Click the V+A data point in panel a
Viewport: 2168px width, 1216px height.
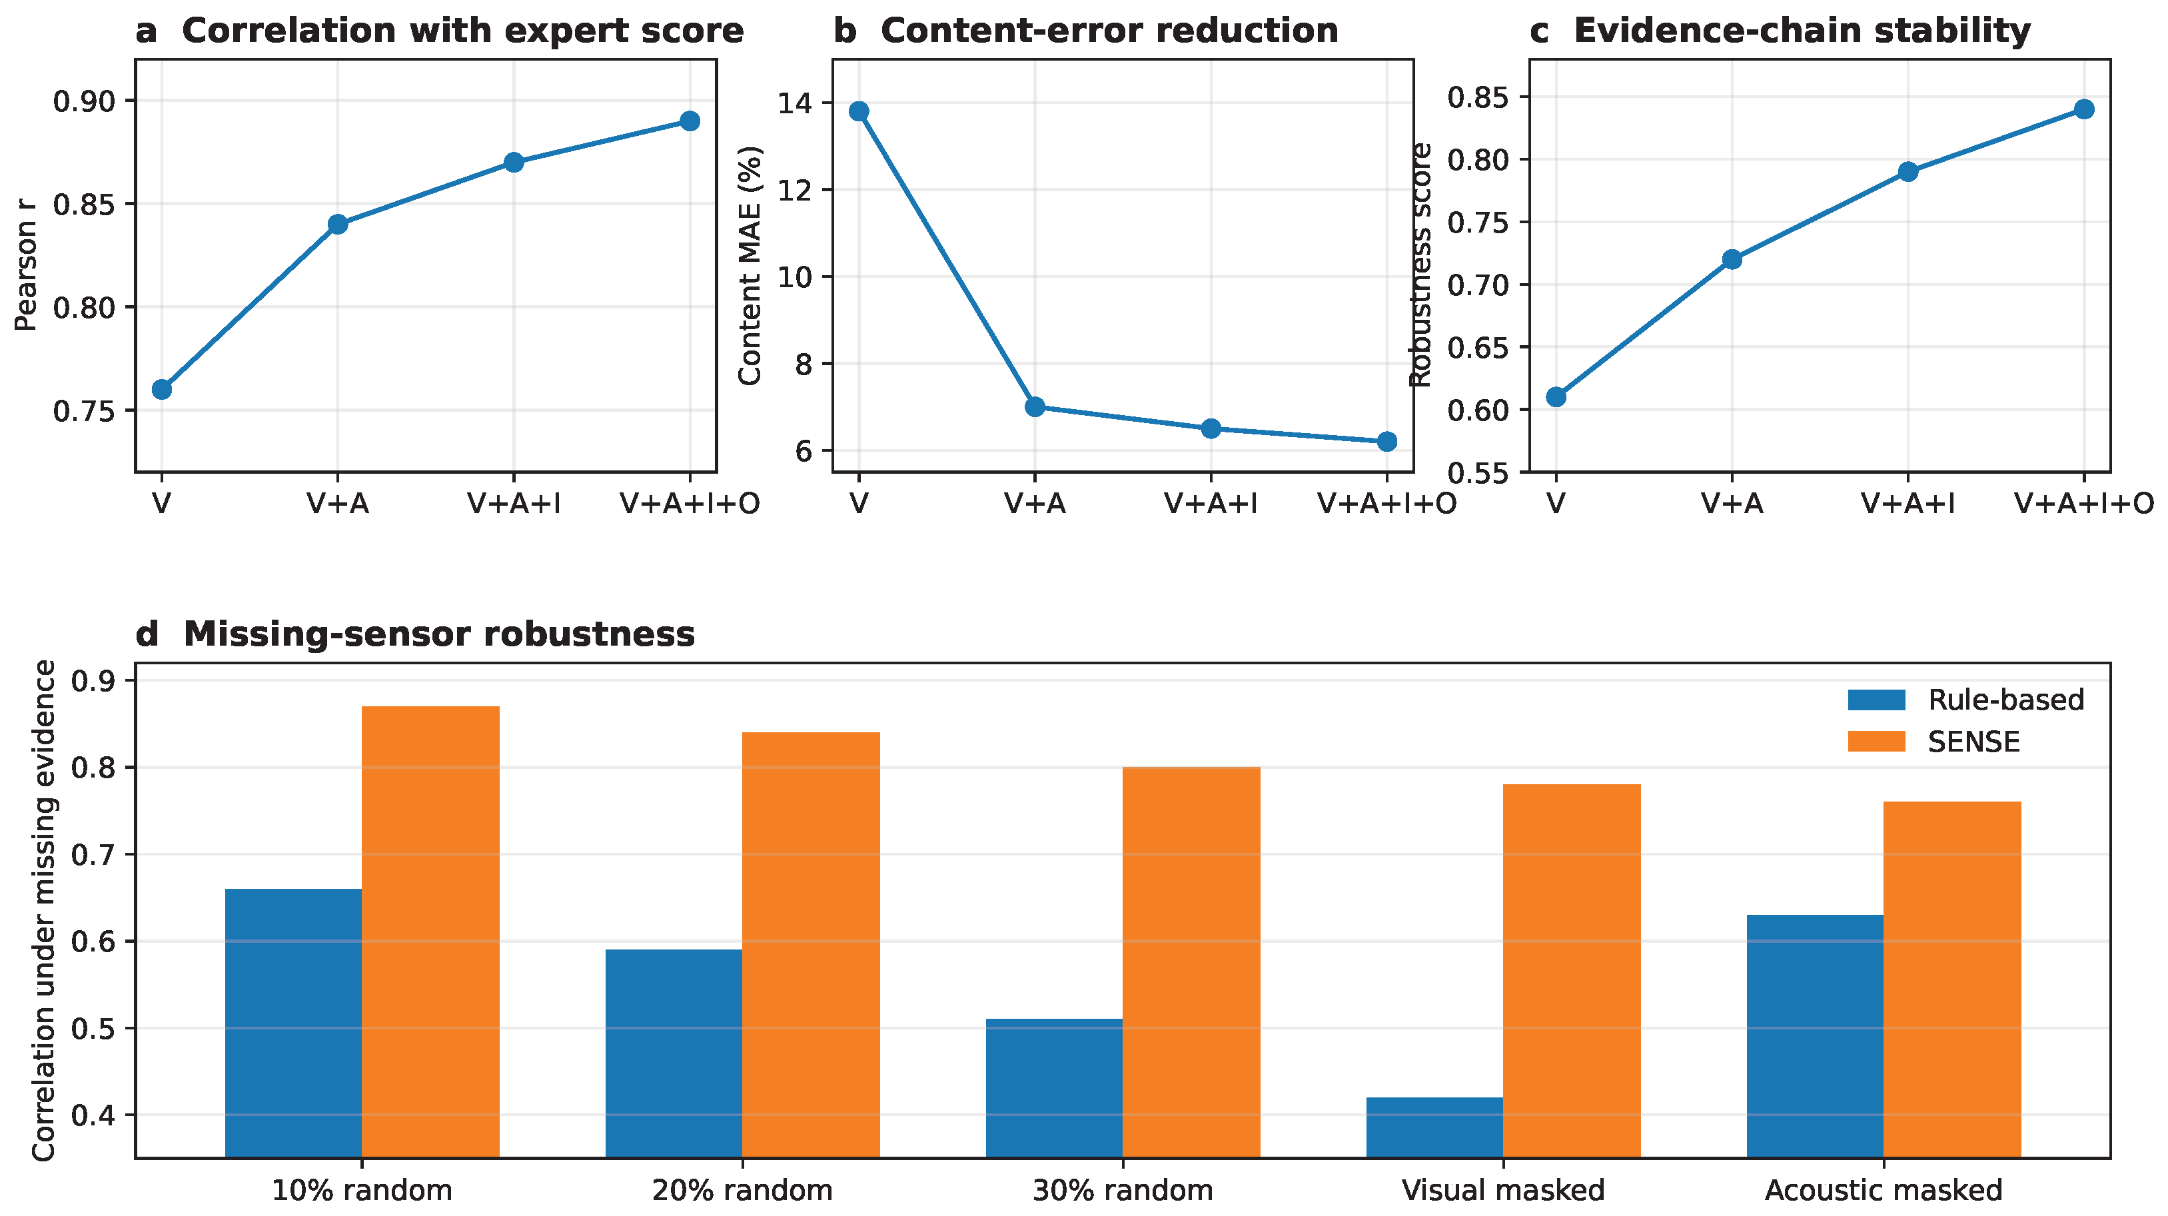(x=338, y=224)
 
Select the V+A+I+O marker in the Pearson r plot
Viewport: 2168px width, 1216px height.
(x=690, y=121)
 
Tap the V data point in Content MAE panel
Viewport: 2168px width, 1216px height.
(x=858, y=111)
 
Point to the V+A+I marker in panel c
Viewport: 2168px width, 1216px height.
(x=1908, y=172)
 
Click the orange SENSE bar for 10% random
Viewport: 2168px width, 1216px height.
(x=431, y=931)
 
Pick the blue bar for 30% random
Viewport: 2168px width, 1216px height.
(x=1054, y=1088)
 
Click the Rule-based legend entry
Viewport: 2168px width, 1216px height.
(x=1966, y=700)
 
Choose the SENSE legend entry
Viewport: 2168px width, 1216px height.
(x=1934, y=742)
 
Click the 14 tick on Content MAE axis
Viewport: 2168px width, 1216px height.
(x=796, y=103)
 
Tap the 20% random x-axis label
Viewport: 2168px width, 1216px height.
(x=742, y=1190)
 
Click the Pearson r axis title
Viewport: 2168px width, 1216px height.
(x=26, y=265)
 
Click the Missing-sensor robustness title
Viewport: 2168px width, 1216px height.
(x=438, y=634)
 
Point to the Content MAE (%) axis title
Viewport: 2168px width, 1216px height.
(x=750, y=266)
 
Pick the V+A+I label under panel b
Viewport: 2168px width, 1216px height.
(x=1210, y=503)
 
